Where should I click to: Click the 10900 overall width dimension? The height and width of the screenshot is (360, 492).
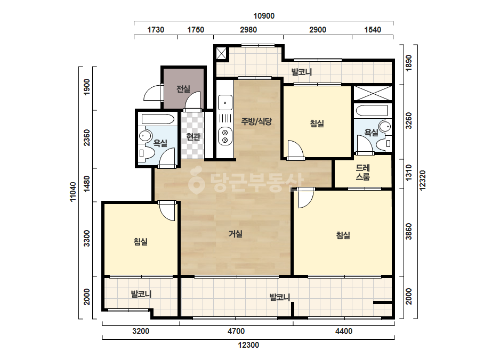click(264, 16)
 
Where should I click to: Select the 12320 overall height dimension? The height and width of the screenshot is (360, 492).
click(423, 181)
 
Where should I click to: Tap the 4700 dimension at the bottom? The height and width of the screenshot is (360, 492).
click(236, 331)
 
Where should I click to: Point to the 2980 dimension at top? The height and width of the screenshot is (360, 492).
click(248, 30)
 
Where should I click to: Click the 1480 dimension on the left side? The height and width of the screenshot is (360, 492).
click(87, 184)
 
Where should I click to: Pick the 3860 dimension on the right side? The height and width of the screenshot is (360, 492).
click(408, 232)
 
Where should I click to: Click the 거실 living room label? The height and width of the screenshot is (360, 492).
click(235, 234)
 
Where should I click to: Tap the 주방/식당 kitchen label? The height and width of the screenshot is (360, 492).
click(256, 121)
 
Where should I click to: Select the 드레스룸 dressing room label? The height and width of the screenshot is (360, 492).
click(362, 173)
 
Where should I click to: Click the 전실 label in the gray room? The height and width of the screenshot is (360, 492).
click(183, 89)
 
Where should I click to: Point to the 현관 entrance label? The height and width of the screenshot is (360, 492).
click(193, 137)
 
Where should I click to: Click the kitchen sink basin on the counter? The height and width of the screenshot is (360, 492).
click(225, 103)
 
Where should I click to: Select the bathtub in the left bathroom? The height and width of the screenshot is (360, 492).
click(158, 119)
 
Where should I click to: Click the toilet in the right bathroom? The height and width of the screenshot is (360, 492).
click(383, 144)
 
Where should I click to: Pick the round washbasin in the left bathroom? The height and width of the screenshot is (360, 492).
click(145, 136)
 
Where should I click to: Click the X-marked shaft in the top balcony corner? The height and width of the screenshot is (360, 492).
click(222, 53)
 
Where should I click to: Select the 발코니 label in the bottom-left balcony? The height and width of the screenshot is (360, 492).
click(141, 294)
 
